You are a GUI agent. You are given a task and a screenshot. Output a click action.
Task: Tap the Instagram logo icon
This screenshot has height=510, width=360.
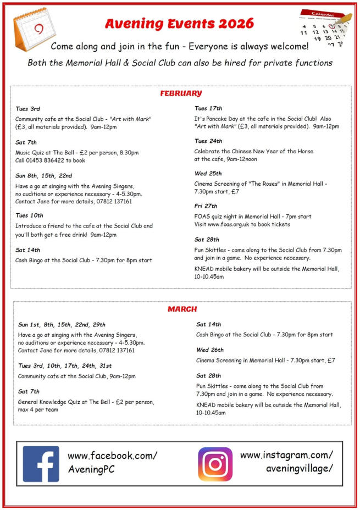pyautogui.click(x=215, y=464)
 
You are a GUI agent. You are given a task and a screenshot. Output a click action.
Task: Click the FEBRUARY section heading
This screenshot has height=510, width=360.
pyautogui.click(x=181, y=93)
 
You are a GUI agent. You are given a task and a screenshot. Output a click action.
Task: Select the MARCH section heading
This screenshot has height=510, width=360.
pyautogui.click(x=182, y=309)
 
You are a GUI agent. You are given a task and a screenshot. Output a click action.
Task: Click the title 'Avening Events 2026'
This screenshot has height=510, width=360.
pyautogui.click(x=179, y=24)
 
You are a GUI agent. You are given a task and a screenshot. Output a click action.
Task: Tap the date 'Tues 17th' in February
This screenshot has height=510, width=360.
pyautogui.click(x=208, y=108)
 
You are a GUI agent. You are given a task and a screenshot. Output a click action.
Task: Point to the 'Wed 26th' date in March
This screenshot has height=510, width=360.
pyautogui.click(x=209, y=350)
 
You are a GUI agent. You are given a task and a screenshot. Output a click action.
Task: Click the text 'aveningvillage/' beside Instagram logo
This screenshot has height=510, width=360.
pyautogui.click(x=299, y=468)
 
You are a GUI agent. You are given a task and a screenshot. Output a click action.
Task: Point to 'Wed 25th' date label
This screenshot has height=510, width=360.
pyautogui.click(x=208, y=173)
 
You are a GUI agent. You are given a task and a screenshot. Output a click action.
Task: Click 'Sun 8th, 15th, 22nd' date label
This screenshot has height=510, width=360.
pyautogui.click(x=44, y=176)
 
